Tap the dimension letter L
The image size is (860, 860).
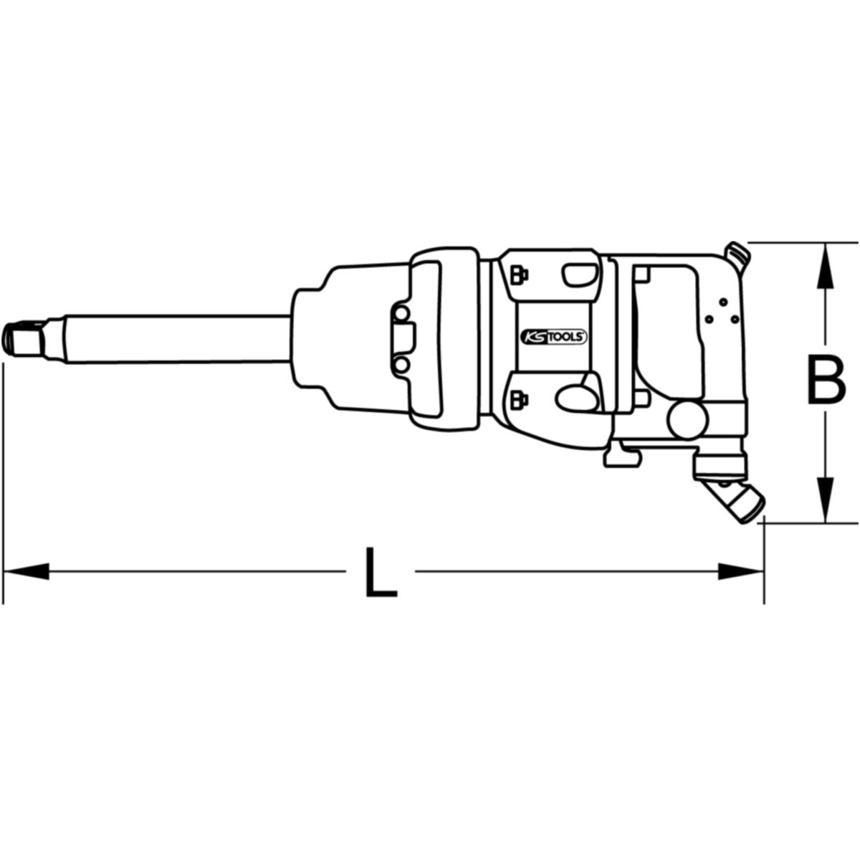(381, 572)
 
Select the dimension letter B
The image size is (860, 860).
(826, 380)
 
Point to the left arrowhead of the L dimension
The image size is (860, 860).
(26, 571)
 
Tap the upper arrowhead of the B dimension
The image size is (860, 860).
(825, 266)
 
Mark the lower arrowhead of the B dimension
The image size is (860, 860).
(825, 499)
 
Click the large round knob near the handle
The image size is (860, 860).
(687, 419)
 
